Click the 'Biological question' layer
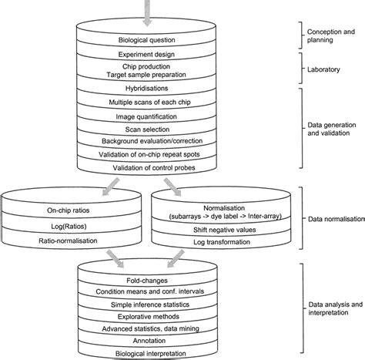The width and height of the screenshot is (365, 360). pyautogui.click(x=146, y=39)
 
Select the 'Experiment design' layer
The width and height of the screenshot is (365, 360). pyautogui.click(x=146, y=55)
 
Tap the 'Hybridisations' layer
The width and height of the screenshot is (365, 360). pyautogui.click(x=146, y=89)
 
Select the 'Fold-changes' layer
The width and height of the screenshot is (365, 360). pyautogui.click(x=146, y=281)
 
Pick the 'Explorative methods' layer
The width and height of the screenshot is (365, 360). pyautogui.click(x=146, y=315)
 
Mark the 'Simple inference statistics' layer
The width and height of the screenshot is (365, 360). pyautogui.click(x=146, y=304)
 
